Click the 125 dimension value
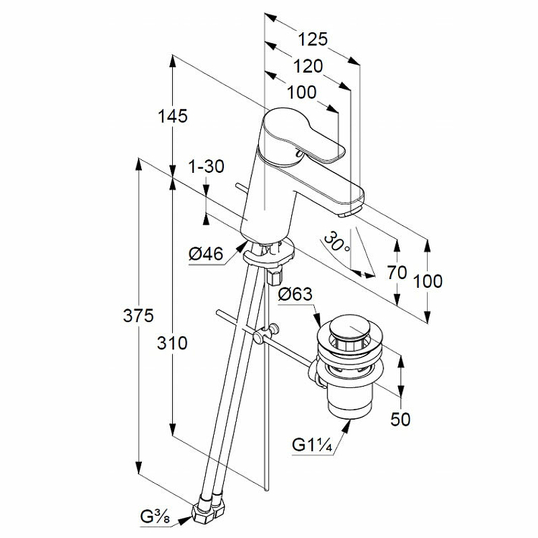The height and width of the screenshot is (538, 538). tap(313, 40)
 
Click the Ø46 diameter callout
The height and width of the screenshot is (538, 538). tap(206, 254)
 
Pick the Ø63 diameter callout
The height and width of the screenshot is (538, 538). tap(295, 294)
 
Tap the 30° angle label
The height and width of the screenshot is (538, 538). tap(336, 241)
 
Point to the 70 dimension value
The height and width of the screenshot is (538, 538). tap(397, 272)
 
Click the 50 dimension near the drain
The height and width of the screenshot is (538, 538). tap(400, 420)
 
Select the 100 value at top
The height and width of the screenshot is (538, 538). tap(302, 91)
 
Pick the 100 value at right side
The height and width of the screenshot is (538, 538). tap(428, 280)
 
